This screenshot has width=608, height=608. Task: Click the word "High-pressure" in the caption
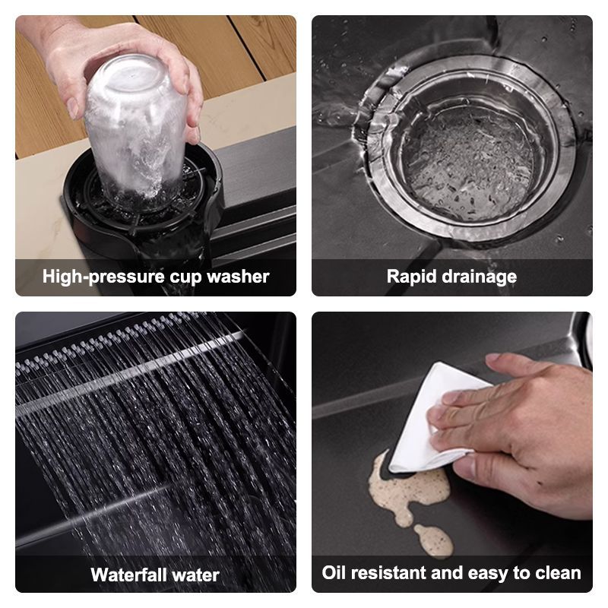(103, 277)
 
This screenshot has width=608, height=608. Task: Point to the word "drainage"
(480, 277)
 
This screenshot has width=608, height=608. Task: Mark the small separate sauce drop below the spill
(434, 540)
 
